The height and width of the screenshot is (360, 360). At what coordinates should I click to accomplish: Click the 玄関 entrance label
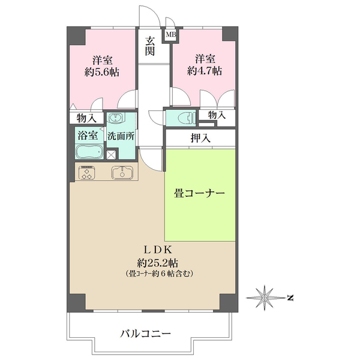tap(150, 47)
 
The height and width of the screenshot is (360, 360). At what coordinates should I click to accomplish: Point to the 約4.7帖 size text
tap(205, 70)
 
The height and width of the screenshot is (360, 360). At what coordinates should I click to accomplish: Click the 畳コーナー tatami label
tap(199, 194)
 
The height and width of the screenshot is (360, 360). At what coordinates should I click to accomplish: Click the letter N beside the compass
tap(289, 297)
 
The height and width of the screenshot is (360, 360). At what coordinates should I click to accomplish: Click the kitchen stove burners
tap(86, 173)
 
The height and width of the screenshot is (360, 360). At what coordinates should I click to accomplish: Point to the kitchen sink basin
tap(124, 173)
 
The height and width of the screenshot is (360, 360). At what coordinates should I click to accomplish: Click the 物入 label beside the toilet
tap(217, 115)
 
